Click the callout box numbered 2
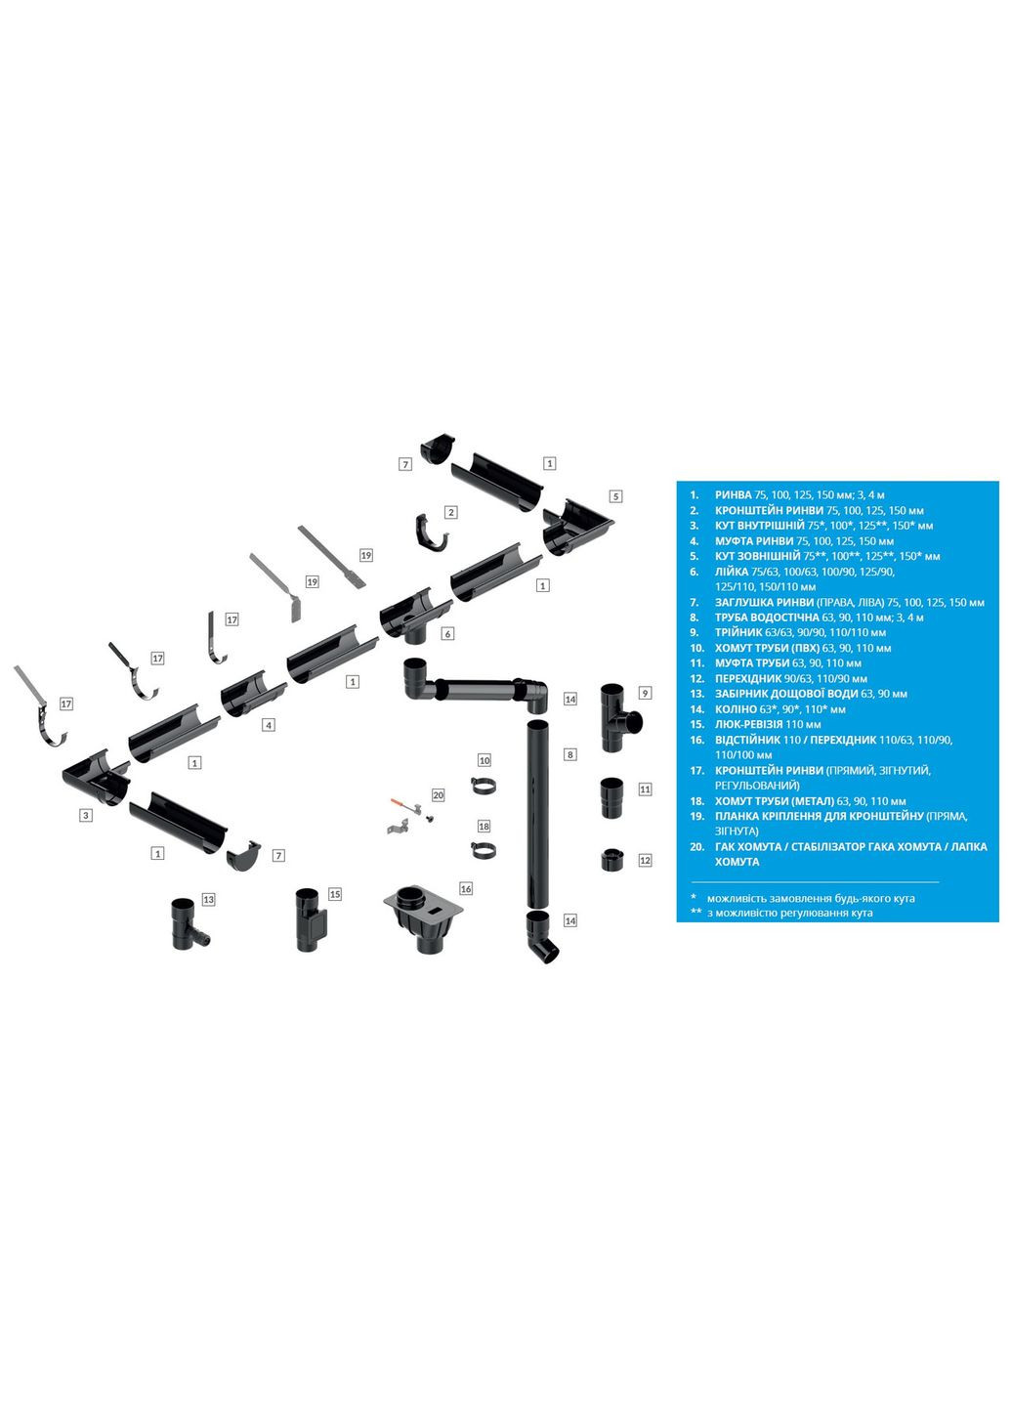point(450,512)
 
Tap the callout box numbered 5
point(615,496)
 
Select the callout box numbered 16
point(466,888)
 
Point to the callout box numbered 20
point(438,795)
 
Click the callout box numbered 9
point(645,693)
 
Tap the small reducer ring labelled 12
point(612,861)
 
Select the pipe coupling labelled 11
point(612,798)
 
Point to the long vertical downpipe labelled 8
point(538,811)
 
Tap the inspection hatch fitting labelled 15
point(311,919)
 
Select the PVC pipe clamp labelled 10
point(484,785)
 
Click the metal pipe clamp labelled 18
point(483,850)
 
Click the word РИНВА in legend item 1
point(733,495)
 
